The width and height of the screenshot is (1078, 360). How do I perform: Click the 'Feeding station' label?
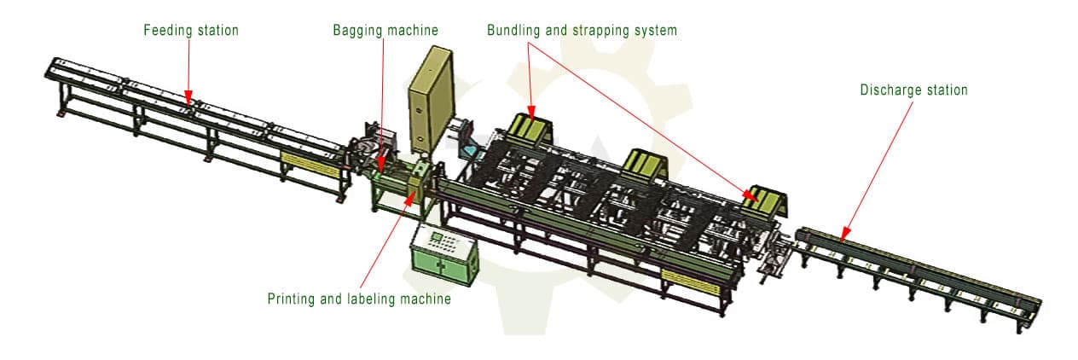coord(190,30)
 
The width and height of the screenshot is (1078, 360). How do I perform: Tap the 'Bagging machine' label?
coord(385,30)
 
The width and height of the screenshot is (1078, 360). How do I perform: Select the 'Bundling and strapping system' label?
coord(582,30)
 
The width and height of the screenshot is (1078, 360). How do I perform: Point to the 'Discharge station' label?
coord(913,90)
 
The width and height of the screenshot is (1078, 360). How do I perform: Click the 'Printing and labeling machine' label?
coord(359,299)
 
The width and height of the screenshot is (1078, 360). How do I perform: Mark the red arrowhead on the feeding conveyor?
coord(190,99)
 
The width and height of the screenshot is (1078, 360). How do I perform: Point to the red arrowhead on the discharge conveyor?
coord(844,234)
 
